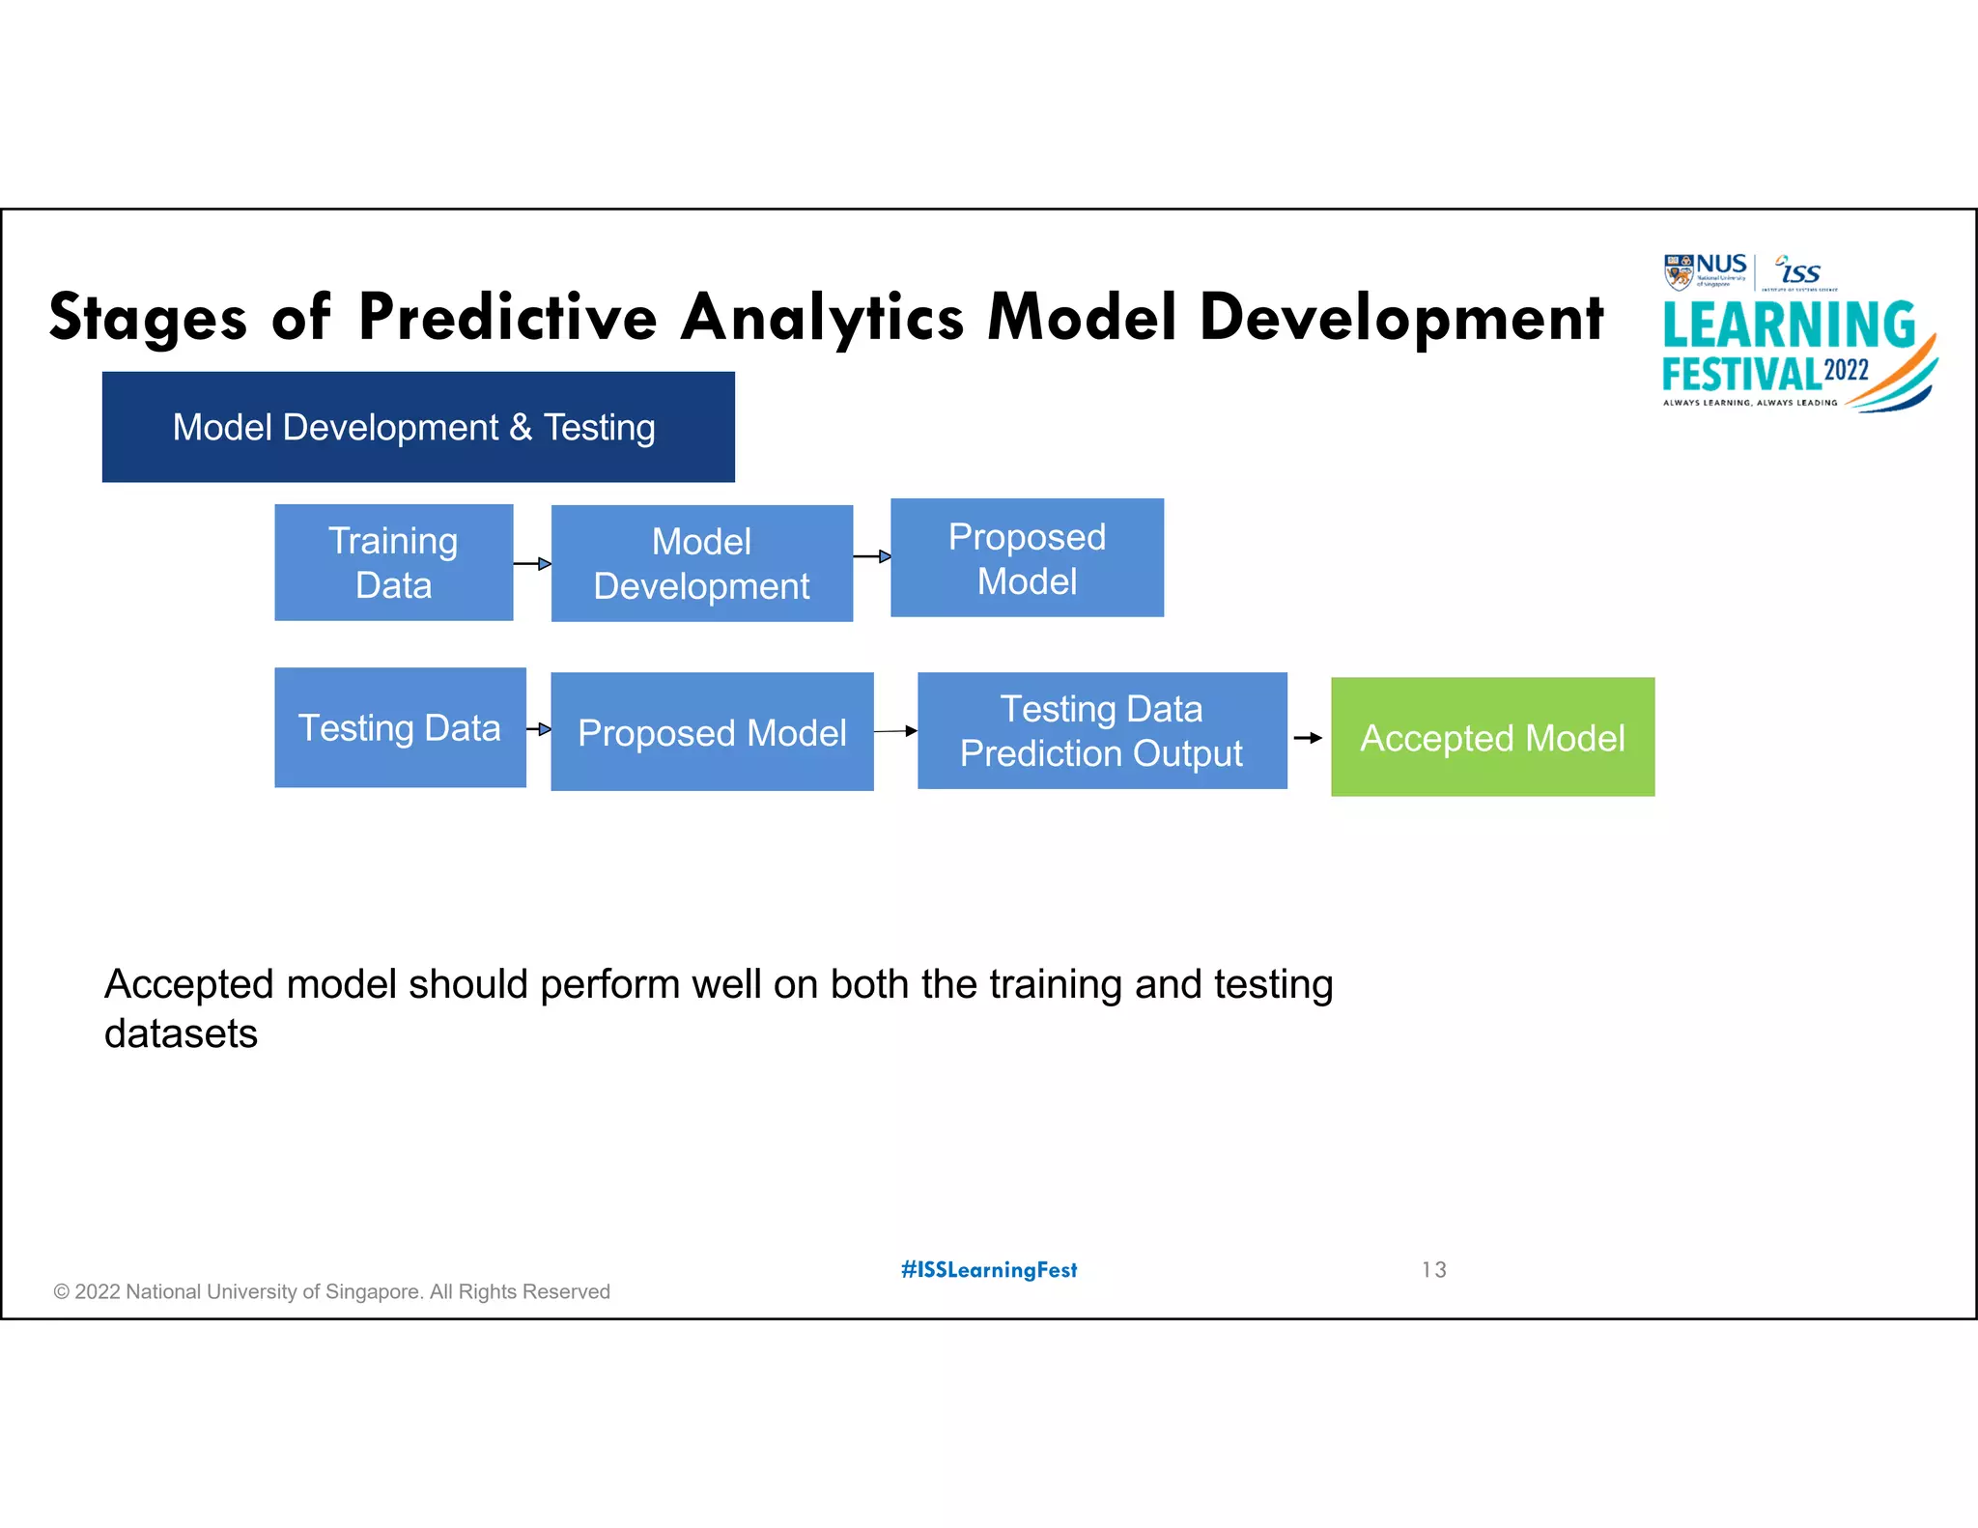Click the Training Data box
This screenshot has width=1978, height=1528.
(x=393, y=562)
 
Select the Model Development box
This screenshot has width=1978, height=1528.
(x=701, y=563)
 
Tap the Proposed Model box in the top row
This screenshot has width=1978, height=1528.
(x=1027, y=557)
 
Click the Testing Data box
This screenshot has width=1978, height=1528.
(x=400, y=727)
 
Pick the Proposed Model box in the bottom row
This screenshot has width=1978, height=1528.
(x=712, y=732)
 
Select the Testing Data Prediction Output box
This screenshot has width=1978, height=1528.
(x=1102, y=731)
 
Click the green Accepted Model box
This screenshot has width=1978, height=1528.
(x=1492, y=737)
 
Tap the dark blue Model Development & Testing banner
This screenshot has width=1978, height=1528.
(x=418, y=427)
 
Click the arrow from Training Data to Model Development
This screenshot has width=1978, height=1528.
(x=532, y=563)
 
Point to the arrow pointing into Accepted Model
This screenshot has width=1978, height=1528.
(x=1308, y=738)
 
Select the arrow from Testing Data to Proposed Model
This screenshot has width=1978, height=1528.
(x=539, y=729)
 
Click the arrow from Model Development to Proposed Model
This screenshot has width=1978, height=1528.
(x=872, y=556)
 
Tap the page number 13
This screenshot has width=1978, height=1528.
(x=1433, y=1269)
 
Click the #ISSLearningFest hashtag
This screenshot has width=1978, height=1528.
(x=989, y=1269)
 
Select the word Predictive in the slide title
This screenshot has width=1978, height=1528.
(x=508, y=317)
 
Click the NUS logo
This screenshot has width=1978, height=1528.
(x=1706, y=271)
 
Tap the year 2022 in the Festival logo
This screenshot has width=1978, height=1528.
(x=1846, y=371)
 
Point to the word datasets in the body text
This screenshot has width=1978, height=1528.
(x=181, y=1033)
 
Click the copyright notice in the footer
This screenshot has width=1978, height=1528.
(x=331, y=1291)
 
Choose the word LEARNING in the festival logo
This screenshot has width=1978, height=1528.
(x=1789, y=325)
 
